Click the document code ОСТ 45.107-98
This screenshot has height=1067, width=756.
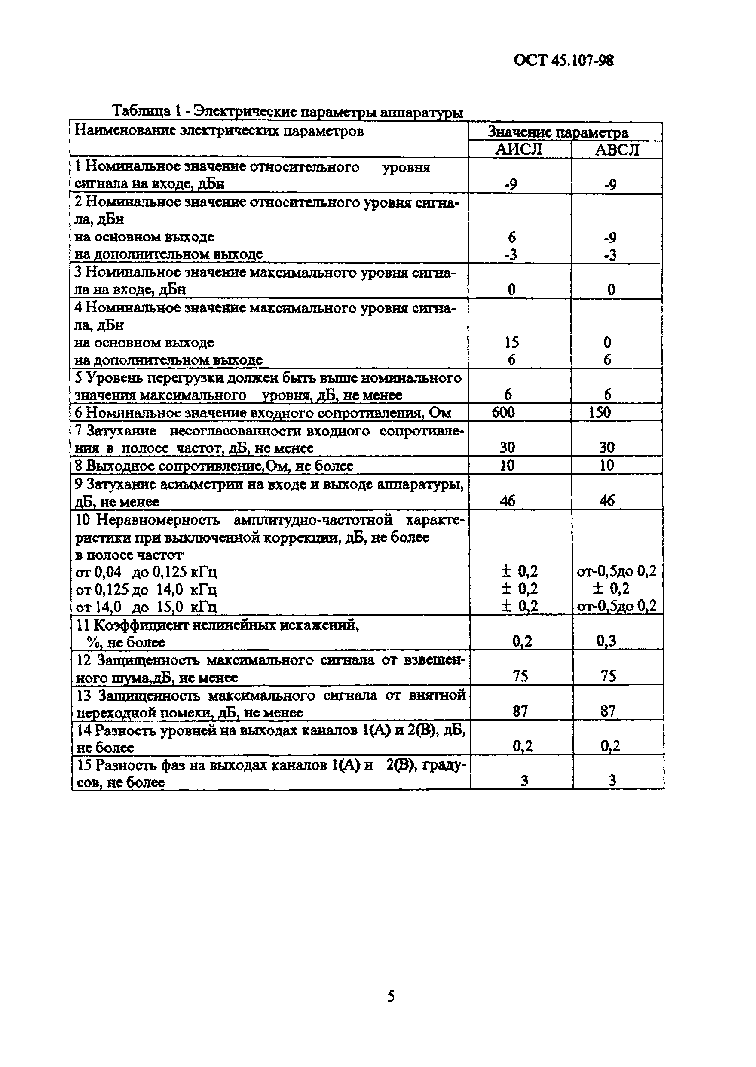point(563,61)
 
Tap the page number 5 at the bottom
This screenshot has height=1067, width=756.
point(391,996)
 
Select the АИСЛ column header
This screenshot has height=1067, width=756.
point(519,150)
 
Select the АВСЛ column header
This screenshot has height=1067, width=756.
point(617,150)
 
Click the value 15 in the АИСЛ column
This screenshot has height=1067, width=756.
point(511,342)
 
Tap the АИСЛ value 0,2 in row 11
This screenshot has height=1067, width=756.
point(522,641)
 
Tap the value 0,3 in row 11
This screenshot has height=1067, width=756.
point(606,641)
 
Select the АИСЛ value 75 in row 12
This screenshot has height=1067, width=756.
point(520,676)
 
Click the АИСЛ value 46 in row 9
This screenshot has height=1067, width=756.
point(507,500)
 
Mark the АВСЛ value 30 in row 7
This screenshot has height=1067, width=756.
point(606,448)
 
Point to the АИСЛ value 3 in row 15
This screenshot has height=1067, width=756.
point(524,781)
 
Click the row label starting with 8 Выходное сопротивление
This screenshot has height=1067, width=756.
point(214,466)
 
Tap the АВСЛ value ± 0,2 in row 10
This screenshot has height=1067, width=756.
point(611,589)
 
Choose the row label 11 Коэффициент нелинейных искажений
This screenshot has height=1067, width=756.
point(217,625)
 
